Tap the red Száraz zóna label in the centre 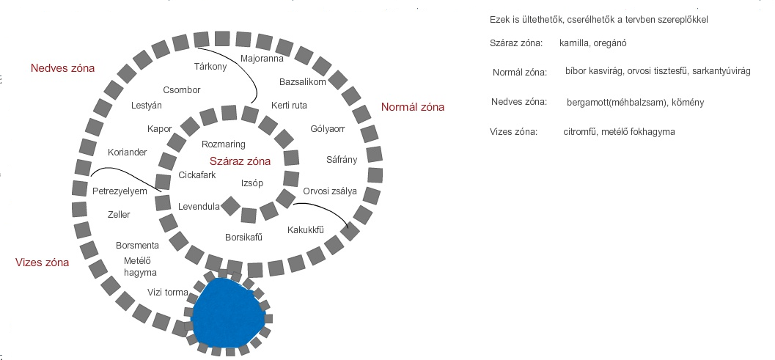click(x=240, y=161)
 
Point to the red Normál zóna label click(x=413, y=107)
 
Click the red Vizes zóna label click(x=42, y=262)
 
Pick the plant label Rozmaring click(x=223, y=144)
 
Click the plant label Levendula click(x=199, y=207)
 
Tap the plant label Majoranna click(x=261, y=58)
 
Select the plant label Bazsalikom click(x=302, y=81)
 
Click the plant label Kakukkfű click(x=306, y=229)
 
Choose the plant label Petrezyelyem click(x=120, y=191)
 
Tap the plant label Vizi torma click(x=169, y=292)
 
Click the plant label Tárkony click(x=210, y=66)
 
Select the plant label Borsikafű click(x=243, y=237)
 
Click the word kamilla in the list click(x=574, y=44)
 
